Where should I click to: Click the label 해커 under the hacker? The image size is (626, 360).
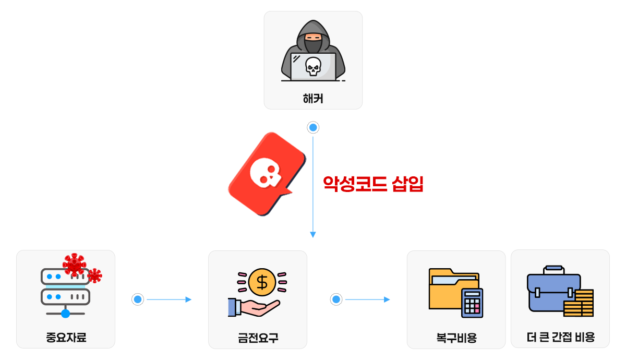[x=313, y=98]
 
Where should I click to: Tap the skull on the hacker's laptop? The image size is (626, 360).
[x=313, y=67]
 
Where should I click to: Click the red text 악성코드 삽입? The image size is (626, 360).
[x=373, y=184]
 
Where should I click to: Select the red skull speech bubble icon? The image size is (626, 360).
[x=266, y=174]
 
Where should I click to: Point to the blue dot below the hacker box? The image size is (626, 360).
[x=313, y=127]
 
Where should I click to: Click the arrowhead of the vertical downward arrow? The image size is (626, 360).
[x=313, y=235]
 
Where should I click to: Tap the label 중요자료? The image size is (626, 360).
[x=66, y=338]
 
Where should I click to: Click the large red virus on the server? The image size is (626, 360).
[x=74, y=265]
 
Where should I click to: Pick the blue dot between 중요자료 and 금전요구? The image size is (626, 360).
[x=138, y=299]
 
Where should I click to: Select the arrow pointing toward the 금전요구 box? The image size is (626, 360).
[x=188, y=299]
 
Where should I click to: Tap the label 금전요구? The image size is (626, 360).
[x=258, y=338]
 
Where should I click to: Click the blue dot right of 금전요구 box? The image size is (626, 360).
[x=336, y=299]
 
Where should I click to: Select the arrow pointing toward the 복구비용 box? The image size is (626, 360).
[x=386, y=299]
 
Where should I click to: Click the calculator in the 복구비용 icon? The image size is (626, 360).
[x=472, y=303]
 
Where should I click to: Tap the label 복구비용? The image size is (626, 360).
[x=456, y=338]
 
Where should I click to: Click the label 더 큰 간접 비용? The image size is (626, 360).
[x=560, y=337]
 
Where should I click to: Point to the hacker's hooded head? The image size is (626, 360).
[x=313, y=37]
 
